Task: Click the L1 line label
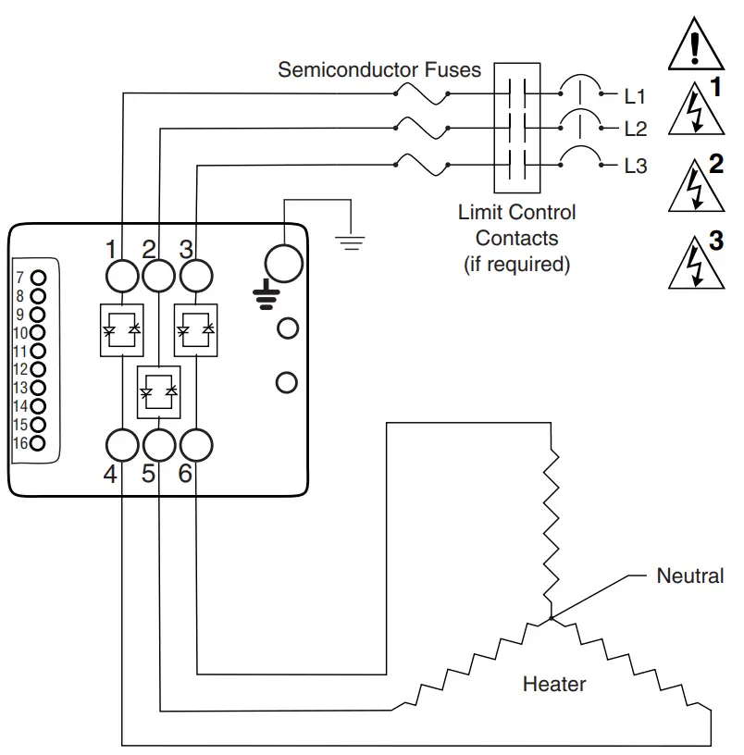(636, 95)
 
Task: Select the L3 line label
(636, 167)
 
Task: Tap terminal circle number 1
(122, 275)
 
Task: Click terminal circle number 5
(159, 445)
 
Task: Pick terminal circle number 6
(195, 445)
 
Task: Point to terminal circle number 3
(195, 275)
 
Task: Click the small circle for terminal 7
(38, 277)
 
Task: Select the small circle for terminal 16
(38, 443)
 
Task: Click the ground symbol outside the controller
(349, 243)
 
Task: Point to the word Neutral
(689, 576)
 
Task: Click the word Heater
(554, 685)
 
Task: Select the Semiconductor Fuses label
(379, 70)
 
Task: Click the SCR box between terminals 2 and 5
(159, 391)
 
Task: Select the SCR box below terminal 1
(122, 328)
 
